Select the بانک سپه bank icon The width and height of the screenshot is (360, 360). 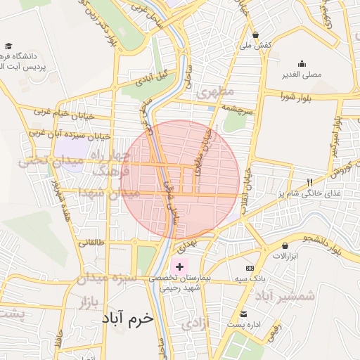tap(250, 268)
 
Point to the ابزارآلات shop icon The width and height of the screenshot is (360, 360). tap(285, 245)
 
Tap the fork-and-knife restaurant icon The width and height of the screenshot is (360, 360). tap(310, 182)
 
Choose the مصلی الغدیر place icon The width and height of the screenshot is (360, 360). tap(302, 63)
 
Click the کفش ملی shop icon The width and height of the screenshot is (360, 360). tap(255, 34)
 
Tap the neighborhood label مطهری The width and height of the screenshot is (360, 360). tap(214, 92)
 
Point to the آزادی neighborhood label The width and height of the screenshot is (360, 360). tap(195, 324)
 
